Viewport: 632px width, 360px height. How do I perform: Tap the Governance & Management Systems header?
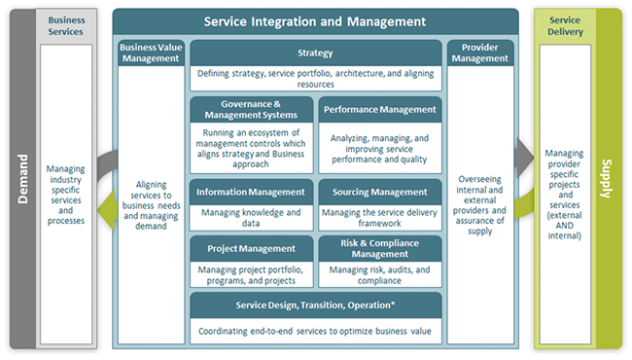252,110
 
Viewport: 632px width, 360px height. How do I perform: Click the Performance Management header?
379,110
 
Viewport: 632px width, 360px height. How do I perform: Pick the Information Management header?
252,191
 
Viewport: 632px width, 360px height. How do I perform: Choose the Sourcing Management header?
379,191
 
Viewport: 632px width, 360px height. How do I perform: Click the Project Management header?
252,247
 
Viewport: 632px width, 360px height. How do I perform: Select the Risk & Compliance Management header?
379,247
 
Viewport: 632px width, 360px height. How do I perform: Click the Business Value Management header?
150,53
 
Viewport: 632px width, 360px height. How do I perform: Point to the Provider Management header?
478,53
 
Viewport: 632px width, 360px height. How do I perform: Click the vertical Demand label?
20,180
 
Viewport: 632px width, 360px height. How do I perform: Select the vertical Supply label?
607,180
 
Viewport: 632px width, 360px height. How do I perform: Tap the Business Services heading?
66,24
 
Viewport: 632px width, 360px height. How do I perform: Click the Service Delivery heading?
564,24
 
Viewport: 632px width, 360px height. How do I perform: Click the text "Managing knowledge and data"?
252,217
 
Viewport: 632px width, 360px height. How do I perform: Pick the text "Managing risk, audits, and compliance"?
379,274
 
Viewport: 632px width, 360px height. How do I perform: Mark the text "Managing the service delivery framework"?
379,217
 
